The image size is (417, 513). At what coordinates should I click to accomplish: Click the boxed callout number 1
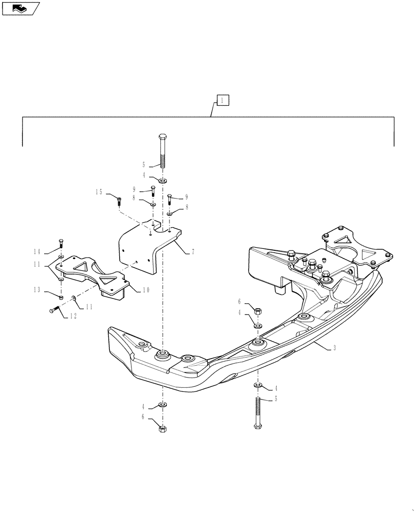(222, 100)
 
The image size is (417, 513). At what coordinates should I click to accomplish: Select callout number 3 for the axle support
(334, 348)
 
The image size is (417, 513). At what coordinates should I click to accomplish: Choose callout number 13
(37, 290)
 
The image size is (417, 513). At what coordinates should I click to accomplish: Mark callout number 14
(37, 251)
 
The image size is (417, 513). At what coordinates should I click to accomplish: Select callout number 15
(98, 191)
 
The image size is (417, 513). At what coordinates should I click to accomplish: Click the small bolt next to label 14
(61, 243)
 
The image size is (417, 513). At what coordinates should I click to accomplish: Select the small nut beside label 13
(61, 297)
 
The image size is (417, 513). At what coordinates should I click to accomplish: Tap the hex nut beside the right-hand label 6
(258, 310)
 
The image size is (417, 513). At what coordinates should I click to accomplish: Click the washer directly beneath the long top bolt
(162, 181)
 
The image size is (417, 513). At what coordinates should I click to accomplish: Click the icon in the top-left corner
(21, 8)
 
